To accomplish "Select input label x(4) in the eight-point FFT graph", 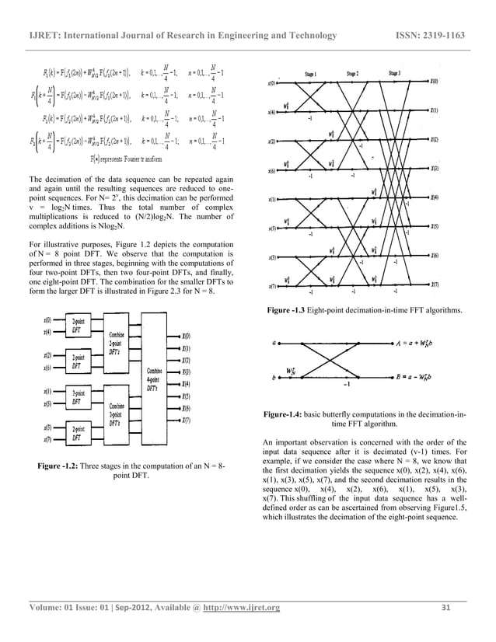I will tap(271, 111).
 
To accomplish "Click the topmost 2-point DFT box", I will tap(79, 324).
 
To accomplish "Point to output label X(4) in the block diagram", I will tap(187, 384).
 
